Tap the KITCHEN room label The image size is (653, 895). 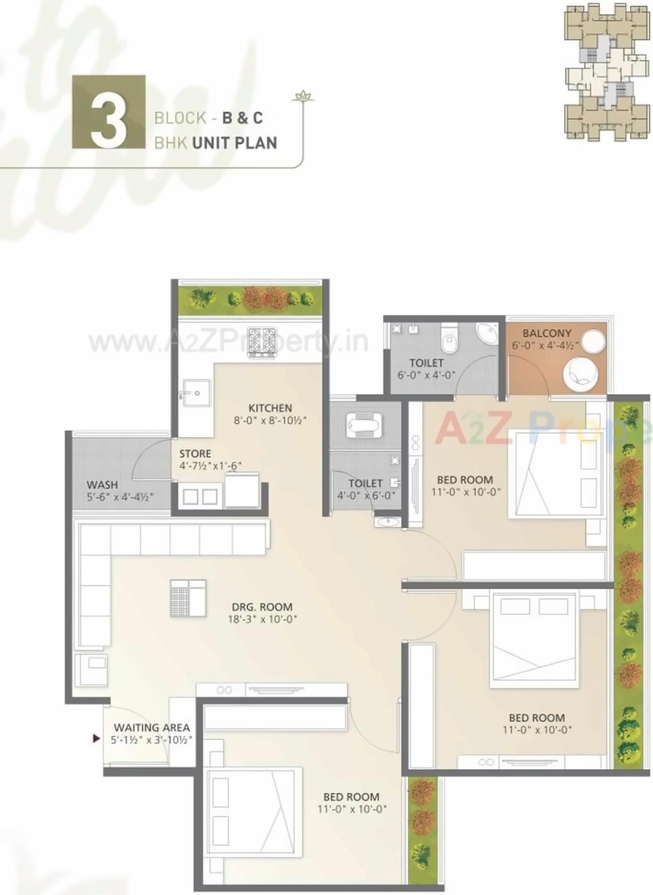coord(270,408)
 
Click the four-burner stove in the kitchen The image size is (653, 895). coord(262,342)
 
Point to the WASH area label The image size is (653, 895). coord(102,485)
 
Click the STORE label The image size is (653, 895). coord(195,453)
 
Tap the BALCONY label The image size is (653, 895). coord(546,333)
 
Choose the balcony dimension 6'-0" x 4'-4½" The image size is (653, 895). coord(545,345)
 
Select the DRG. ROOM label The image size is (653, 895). coord(262,607)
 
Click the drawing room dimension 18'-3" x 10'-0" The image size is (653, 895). coord(262,619)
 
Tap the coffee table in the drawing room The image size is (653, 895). coord(188,598)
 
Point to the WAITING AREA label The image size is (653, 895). coord(152,727)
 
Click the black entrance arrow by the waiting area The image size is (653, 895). coord(96,738)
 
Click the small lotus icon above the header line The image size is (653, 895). coord(303,96)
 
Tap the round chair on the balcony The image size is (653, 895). coord(580,374)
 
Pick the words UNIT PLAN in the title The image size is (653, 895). coord(235,143)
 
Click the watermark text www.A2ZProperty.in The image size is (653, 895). coord(228,341)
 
